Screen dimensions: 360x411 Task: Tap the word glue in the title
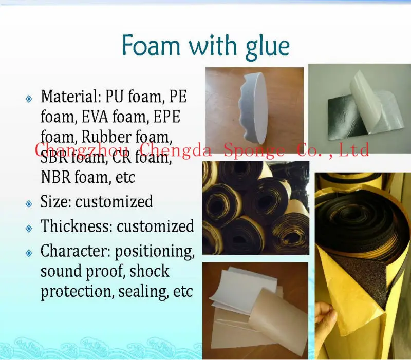264,47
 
